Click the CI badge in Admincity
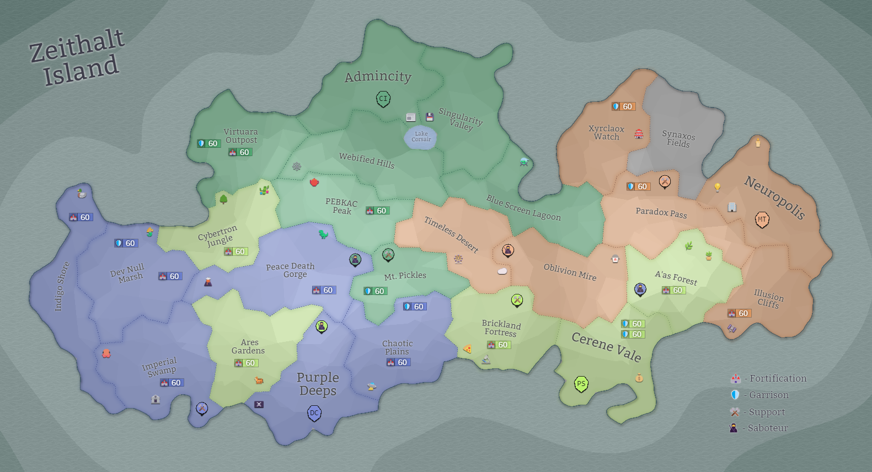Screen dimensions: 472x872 coord(383,99)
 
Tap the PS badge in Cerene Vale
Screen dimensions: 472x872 coord(581,384)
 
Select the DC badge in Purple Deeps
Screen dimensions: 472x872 coord(314,413)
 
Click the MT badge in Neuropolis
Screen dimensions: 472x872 coord(762,219)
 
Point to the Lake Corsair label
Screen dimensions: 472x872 coord(421,136)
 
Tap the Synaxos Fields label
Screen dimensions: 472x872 coord(678,139)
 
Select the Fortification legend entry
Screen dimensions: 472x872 coord(768,378)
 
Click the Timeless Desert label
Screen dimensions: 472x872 coord(451,234)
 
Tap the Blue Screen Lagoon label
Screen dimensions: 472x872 coord(523,208)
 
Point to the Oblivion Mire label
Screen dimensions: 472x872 coord(570,272)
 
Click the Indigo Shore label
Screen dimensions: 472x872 coord(62,286)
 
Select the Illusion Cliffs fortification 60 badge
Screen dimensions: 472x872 coord(739,313)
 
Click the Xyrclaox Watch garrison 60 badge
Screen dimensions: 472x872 coord(623,106)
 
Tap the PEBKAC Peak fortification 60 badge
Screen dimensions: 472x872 coord(377,211)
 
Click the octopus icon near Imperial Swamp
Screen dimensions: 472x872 coord(106,353)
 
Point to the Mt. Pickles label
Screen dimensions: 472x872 coord(405,276)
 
